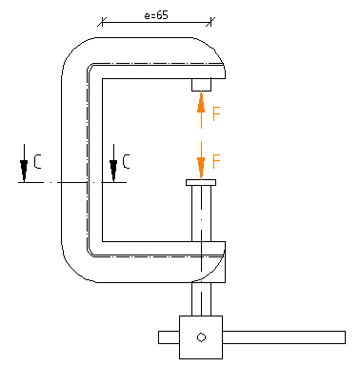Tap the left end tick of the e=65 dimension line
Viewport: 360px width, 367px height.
click(x=100, y=21)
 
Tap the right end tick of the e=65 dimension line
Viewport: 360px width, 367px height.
click(x=213, y=21)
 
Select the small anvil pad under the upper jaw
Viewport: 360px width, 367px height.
click(x=201, y=85)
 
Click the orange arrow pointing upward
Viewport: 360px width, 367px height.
click(x=201, y=101)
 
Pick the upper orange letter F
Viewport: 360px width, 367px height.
click(x=217, y=114)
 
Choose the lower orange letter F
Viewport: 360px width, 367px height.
click(x=217, y=160)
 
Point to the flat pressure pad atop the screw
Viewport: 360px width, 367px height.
click(x=201, y=182)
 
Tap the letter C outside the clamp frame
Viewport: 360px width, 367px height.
click(x=37, y=164)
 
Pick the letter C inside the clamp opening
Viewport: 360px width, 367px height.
click(x=127, y=164)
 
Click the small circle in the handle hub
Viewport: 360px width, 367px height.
click(x=201, y=336)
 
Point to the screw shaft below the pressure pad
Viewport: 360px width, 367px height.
click(x=201, y=214)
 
